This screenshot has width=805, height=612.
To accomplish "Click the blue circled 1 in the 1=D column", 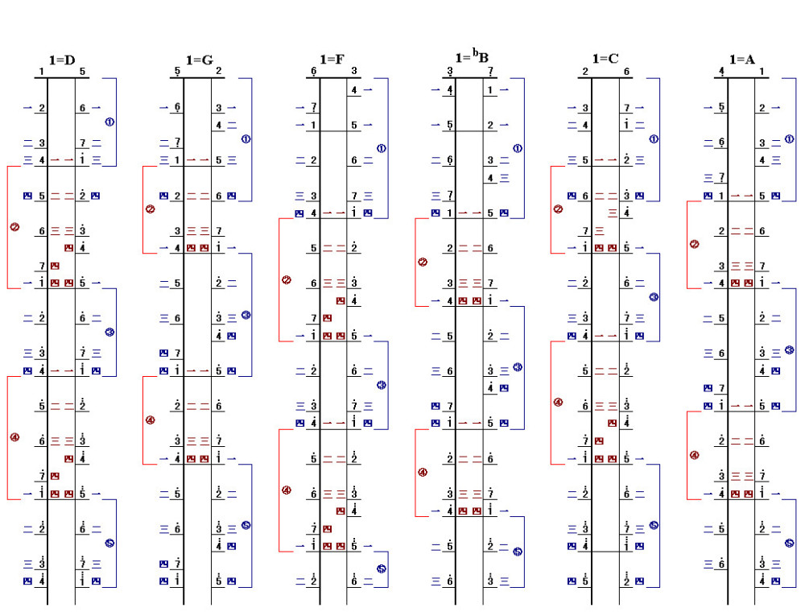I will click(109, 122).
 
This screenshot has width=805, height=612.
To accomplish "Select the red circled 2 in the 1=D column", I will click(14, 227).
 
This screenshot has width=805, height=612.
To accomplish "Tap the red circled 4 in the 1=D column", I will click(14, 437).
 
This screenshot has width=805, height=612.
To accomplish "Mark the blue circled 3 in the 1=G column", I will click(246, 315).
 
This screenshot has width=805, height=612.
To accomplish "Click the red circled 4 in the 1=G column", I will click(150, 420).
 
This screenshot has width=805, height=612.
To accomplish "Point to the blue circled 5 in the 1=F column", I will click(382, 569).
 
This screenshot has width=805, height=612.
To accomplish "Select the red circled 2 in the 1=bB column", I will click(423, 262).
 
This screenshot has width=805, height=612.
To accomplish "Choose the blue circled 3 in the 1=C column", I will click(654, 297).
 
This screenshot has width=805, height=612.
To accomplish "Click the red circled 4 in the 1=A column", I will click(694, 455).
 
